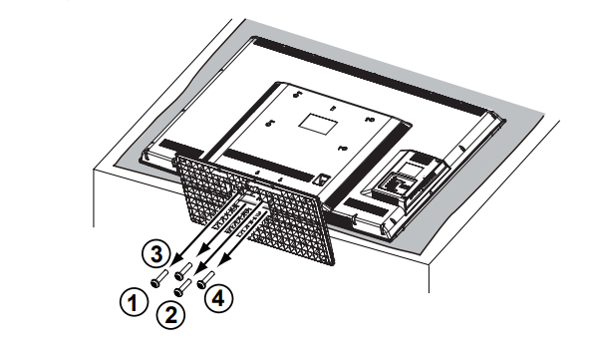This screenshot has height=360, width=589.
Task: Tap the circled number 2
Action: click(x=170, y=316)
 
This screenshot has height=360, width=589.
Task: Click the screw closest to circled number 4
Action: click(x=204, y=282)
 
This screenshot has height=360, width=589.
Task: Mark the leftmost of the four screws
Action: click(x=158, y=281)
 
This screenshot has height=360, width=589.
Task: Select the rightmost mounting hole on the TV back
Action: click(x=368, y=121)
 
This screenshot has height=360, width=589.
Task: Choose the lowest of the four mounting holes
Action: click(x=341, y=150)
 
